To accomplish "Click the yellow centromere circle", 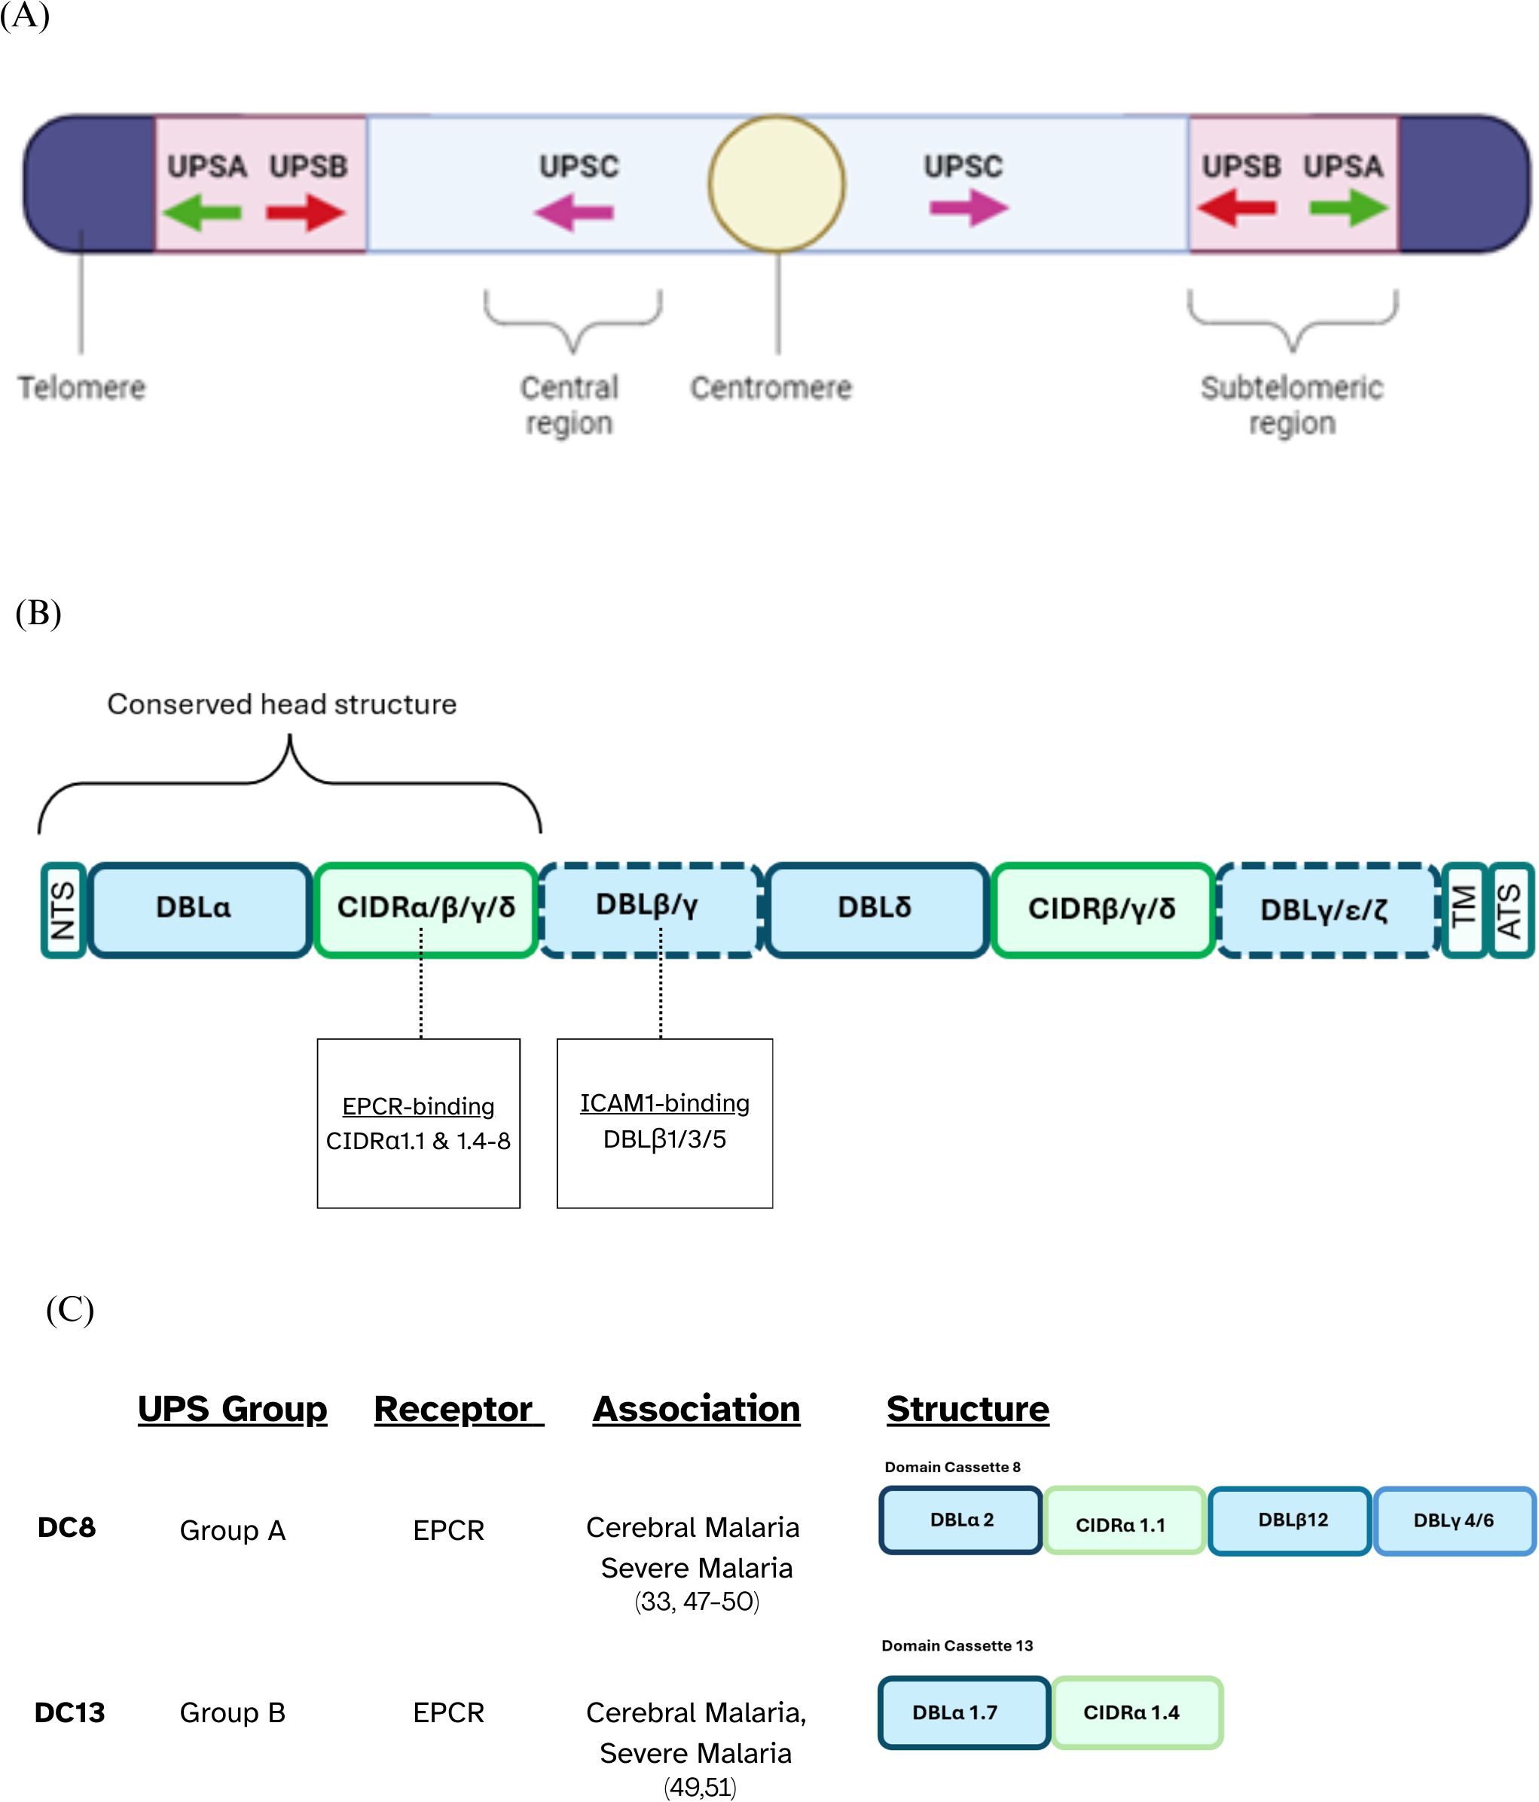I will (x=776, y=184).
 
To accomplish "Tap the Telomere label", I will (x=82, y=388).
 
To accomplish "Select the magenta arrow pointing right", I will (x=967, y=208).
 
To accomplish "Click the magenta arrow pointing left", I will (x=574, y=212).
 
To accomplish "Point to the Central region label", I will (x=569, y=405).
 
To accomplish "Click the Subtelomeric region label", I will (x=1291, y=405).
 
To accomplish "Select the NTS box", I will (x=63, y=910).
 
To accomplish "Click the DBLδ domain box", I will (x=875, y=910).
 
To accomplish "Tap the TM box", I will (x=1464, y=910).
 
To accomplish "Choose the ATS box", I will (x=1510, y=910).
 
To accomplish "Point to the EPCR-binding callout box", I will (x=419, y=1123).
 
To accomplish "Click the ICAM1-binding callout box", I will (x=664, y=1123).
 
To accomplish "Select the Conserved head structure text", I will (x=282, y=703).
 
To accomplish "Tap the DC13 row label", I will (x=69, y=1712).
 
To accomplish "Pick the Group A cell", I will (x=232, y=1531).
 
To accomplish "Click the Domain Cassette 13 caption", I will (x=957, y=1645).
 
